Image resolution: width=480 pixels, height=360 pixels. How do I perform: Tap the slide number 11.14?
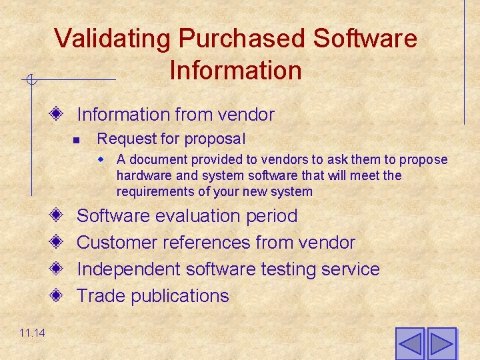coord(32,333)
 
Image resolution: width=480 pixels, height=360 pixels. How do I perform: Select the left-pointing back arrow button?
coord(409,344)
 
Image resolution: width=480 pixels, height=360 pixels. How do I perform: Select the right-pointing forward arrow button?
coord(441,344)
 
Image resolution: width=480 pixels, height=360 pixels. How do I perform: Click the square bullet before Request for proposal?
coord(77,140)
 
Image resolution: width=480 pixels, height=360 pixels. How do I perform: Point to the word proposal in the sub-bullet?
coord(219,139)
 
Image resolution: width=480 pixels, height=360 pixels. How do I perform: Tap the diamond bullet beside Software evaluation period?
coord(58,216)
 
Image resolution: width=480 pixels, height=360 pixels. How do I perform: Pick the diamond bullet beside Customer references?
coord(58,243)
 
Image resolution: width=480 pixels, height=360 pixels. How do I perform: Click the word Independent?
coord(129,269)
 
